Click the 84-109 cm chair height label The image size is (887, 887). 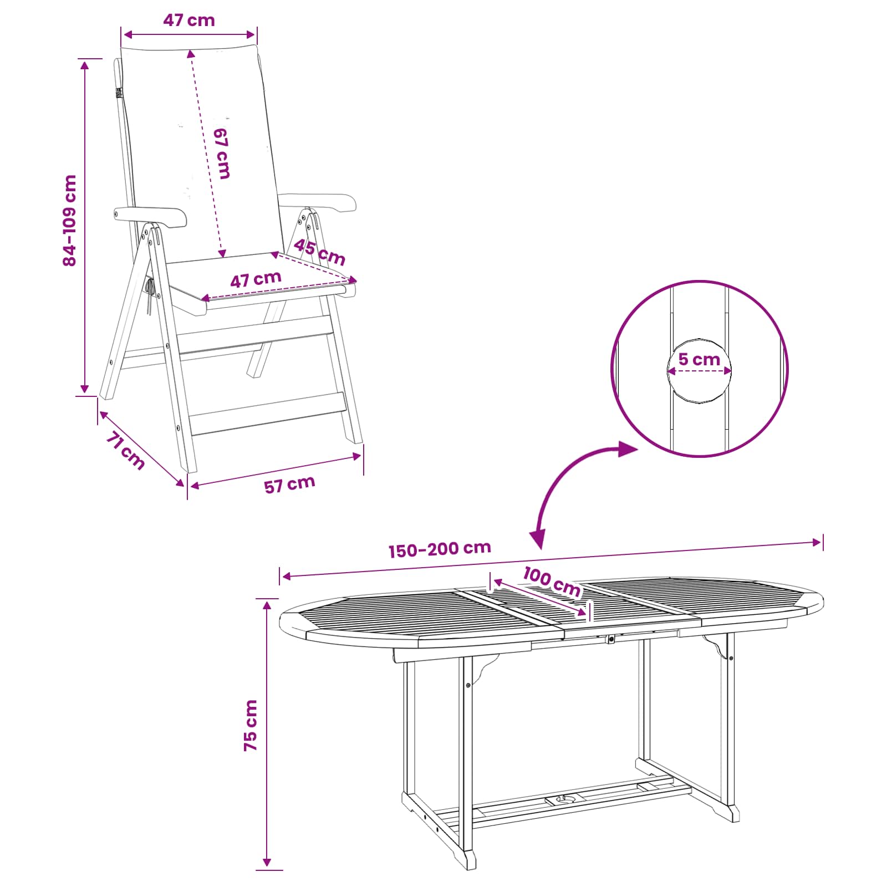(x=70, y=221)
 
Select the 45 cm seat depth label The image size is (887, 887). (x=319, y=252)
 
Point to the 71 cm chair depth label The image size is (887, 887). (x=125, y=450)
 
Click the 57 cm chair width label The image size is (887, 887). (x=289, y=485)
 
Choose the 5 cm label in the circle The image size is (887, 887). (x=699, y=360)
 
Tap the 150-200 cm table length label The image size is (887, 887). (x=440, y=549)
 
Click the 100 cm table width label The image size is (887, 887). (x=552, y=582)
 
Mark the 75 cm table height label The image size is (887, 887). (x=251, y=725)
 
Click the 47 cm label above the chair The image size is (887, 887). (x=189, y=21)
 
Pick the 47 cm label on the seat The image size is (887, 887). (x=256, y=279)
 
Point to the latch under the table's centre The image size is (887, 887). (x=611, y=640)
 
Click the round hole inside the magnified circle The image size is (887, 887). (x=699, y=370)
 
